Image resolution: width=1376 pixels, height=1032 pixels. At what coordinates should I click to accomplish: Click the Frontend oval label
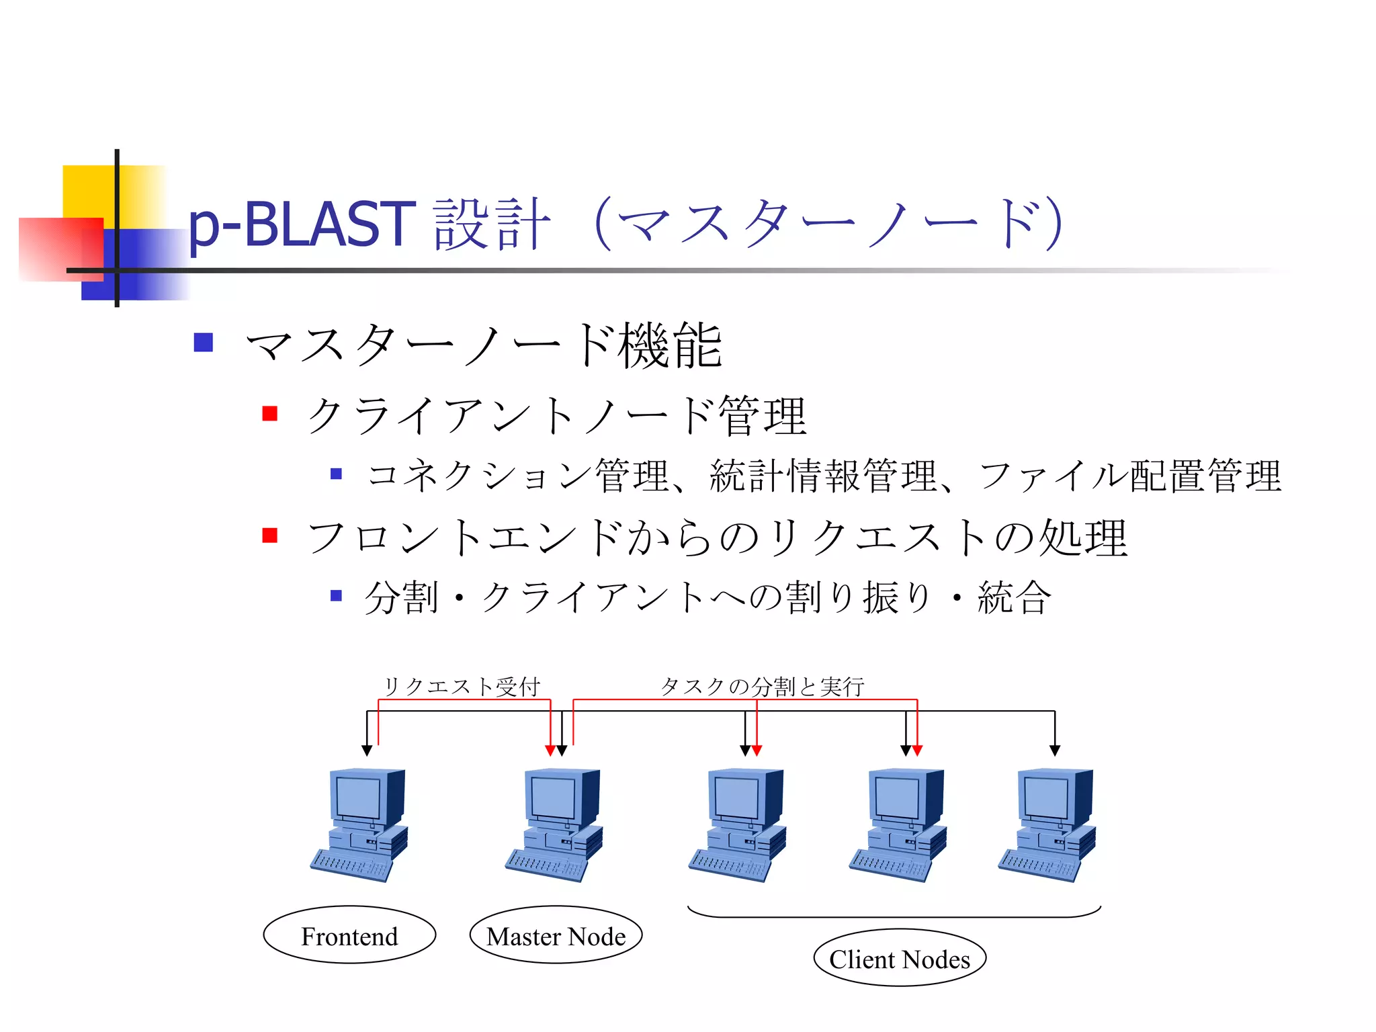click(x=349, y=935)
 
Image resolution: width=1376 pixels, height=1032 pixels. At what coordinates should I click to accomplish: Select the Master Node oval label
click(x=556, y=935)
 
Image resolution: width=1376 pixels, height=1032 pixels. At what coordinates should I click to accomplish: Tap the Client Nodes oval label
click(x=899, y=958)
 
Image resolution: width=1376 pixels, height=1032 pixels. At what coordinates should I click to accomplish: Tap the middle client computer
click(x=898, y=825)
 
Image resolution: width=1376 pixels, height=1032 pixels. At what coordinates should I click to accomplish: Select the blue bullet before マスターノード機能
click(x=203, y=343)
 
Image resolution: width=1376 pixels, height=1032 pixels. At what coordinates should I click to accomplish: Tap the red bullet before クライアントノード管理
click(x=270, y=413)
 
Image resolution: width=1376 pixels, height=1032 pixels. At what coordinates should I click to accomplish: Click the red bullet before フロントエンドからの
click(x=270, y=535)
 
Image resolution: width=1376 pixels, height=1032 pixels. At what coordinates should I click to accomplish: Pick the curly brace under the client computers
click(x=894, y=915)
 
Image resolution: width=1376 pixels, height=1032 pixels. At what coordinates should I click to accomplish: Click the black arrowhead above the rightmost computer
click(x=1055, y=750)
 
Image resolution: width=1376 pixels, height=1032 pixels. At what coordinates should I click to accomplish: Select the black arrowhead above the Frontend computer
click(x=367, y=750)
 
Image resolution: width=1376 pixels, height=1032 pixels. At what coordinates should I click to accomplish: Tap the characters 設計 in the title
click(x=492, y=225)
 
